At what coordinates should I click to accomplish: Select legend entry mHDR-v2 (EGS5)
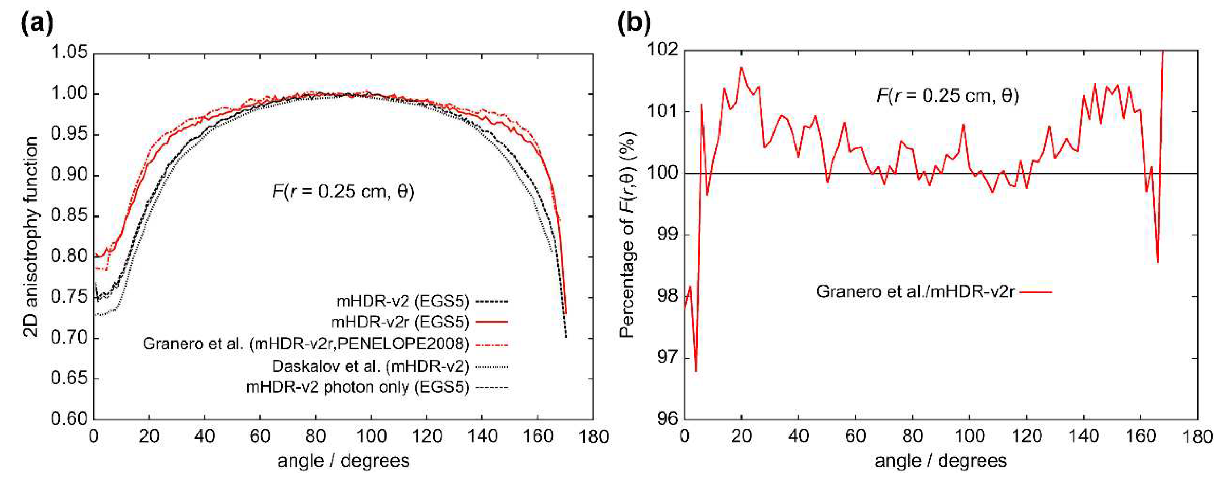coord(403,301)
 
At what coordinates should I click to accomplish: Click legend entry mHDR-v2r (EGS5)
coord(400,322)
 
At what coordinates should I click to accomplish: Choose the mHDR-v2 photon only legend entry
coord(357,387)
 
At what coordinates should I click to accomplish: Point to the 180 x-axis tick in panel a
coord(593,437)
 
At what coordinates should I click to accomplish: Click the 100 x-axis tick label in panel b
coord(969,437)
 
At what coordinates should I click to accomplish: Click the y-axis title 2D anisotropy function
coord(31,236)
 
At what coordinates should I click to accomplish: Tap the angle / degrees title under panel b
coord(941,460)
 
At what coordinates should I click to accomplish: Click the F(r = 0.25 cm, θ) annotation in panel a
coord(343,191)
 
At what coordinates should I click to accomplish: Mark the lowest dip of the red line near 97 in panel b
coord(696,371)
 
